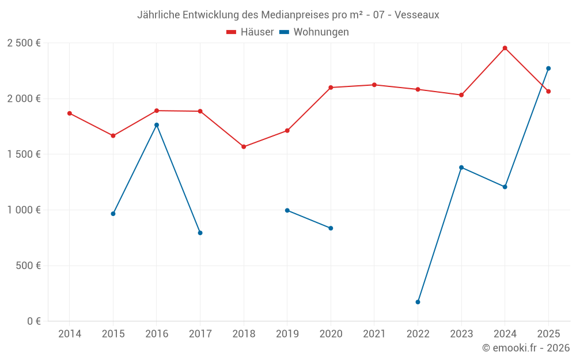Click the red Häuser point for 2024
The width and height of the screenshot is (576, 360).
tap(505, 48)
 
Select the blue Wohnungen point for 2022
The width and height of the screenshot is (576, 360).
tap(418, 302)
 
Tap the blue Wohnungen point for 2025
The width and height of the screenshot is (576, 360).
tap(548, 69)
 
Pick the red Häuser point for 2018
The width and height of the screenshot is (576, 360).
tap(244, 147)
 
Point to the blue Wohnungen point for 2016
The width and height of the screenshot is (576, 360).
tap(157, 125)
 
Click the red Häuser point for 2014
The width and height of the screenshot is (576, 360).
tap(70, 113)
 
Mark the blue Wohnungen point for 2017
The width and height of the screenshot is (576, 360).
tap(200, 233)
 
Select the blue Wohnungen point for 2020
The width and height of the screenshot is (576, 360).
tap(331, 228)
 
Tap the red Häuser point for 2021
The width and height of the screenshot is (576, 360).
tap(374, 85)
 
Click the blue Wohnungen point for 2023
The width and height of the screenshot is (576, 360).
tap(461, 168)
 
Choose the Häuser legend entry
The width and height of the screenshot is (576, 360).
tap(250, 32)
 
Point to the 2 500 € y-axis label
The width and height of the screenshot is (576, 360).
tap(24, 43)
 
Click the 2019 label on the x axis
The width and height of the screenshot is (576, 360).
tap(287, 334)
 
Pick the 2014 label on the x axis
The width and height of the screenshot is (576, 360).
tap(70, 334)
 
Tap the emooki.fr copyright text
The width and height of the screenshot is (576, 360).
tap(525, 348)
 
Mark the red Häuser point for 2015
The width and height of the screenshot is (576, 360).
tap(113, 136)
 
